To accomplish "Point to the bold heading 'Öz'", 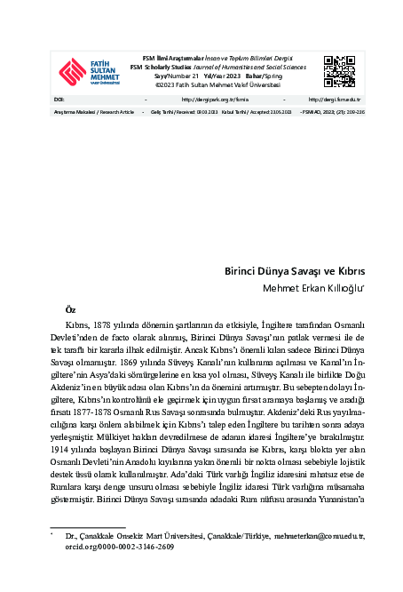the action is pos(71,308).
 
